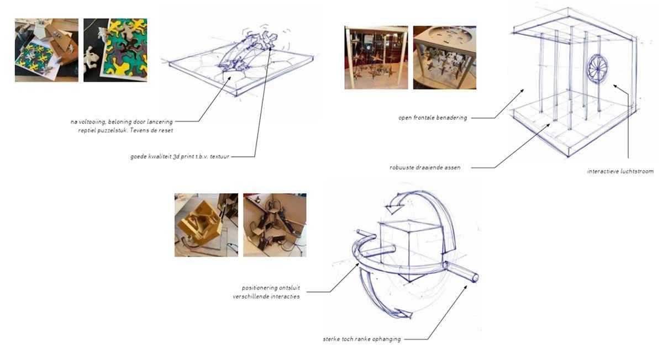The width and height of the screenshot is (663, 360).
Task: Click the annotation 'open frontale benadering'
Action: (433, 118)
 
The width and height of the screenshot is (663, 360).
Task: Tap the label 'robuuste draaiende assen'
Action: (425, 167)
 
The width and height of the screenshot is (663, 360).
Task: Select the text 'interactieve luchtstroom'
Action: (620, 171)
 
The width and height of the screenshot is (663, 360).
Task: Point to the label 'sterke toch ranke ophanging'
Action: (362, 339)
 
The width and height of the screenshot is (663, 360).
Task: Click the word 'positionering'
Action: (260, 288)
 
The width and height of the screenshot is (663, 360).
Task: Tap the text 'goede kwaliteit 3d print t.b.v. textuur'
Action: (180, 156)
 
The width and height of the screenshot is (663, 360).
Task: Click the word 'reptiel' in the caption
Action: (87, 130)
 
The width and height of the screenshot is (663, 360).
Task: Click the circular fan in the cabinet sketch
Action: (597, 68)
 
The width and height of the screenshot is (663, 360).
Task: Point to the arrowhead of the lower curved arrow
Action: (404, 314)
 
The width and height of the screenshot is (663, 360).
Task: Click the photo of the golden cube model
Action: (206, 225)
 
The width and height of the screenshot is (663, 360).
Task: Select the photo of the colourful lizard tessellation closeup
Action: (115, 50)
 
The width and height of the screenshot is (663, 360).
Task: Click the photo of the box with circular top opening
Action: (445, 57)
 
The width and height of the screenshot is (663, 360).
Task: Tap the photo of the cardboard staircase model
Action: (275, 225)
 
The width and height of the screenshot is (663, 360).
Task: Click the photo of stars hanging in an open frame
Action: (376, 57)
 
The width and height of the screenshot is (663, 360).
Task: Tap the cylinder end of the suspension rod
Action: (475, 278)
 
